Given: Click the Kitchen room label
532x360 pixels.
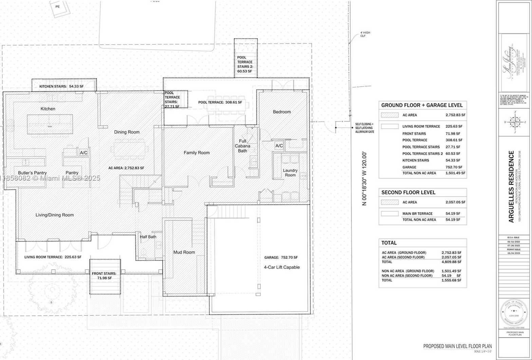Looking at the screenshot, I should point(48,109).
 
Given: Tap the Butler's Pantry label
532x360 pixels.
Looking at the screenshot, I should point(33,173).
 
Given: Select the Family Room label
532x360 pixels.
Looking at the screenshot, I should point(197,153).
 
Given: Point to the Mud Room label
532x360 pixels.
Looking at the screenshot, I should point(184,252).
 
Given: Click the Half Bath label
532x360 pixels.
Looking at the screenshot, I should point(148,237).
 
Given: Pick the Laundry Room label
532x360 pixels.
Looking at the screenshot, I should point(290,173).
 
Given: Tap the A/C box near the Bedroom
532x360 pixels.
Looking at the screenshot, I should point(279,146).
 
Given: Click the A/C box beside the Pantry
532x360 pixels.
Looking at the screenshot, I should point(84,153).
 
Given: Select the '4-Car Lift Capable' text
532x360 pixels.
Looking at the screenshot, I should point(282,267).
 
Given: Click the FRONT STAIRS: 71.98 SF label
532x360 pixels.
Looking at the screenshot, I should point(104,276).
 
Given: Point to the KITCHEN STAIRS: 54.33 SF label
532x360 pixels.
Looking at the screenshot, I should point(61,87).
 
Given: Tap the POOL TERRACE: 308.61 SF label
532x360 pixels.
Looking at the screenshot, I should point(220,102).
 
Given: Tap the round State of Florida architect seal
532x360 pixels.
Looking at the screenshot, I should point(515,311).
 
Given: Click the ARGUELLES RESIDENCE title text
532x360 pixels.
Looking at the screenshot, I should point(511,186).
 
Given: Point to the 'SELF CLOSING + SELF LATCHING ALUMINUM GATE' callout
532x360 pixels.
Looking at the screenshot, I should point(364,128).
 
